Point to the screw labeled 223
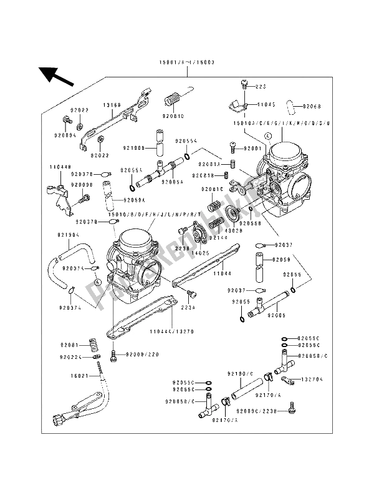point(245,83)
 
